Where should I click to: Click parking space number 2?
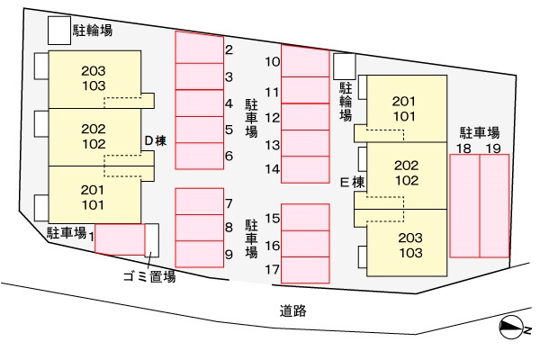[198, 48]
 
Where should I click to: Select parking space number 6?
[198, 157]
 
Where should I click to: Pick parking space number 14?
[304, 168]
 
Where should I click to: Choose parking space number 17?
[304, 269]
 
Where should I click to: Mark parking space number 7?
[198, 202]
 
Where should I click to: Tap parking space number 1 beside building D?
[120, 239]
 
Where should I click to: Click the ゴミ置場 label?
[148, 277]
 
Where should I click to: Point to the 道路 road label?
[293, 311]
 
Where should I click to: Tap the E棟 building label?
[351, 182]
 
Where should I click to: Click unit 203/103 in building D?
[94, 77]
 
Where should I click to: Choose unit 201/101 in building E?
[404, 108]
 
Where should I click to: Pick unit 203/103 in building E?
[409, 245]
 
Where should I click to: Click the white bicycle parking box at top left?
[58, 31]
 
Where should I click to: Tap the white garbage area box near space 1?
[153, 240]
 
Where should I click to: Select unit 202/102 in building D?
[94, 136]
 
